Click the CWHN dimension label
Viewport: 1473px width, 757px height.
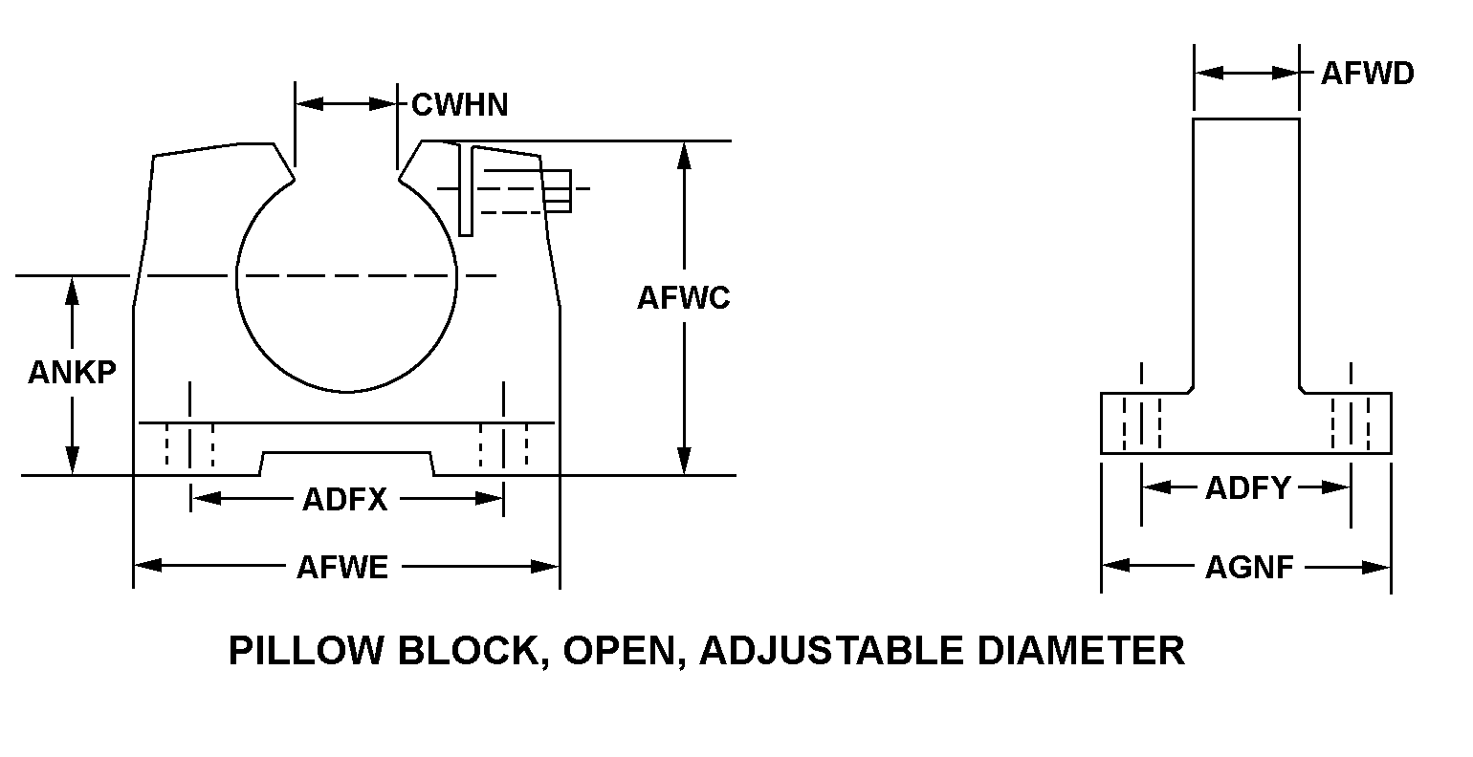point(459,104)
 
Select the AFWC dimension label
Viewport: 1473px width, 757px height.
point(683,298)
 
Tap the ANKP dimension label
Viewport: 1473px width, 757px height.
point(72,372)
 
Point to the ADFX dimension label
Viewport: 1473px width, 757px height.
point(345,499)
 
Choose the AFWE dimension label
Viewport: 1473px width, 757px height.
point(342,568)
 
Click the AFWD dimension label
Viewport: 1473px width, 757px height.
point(1367,74)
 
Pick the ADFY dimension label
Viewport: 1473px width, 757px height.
point(1247,488)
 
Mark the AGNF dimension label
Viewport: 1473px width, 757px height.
point(1249,568)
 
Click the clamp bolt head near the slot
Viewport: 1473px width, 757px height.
point(559,189)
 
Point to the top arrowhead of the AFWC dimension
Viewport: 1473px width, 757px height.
point(683,154)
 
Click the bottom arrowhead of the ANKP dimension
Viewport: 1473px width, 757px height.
point(72,463)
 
